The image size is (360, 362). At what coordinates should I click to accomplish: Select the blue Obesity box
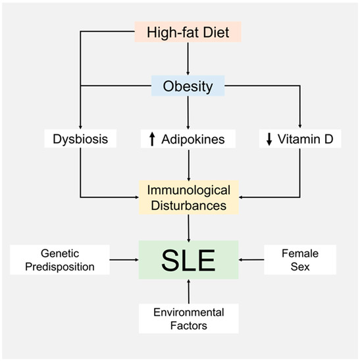tap(189, 86)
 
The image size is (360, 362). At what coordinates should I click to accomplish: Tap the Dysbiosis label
tap(80, 140)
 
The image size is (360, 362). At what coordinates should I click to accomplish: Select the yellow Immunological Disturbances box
tap(189, 197)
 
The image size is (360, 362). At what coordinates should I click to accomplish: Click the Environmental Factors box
tap(189, 318)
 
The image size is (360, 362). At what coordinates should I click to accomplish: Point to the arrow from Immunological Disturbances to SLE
tap(189, 227)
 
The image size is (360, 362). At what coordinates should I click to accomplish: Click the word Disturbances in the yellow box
tap(189, 205)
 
